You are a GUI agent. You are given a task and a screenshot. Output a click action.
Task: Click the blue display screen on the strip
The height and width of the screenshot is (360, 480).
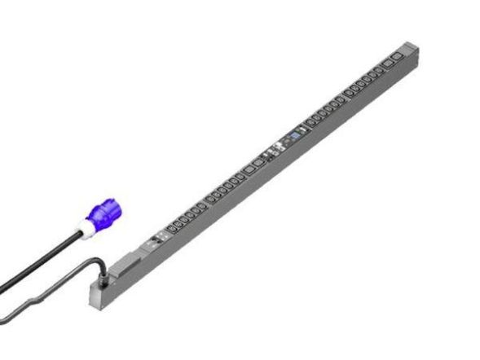pyautogui.click(x=294, y=134)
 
